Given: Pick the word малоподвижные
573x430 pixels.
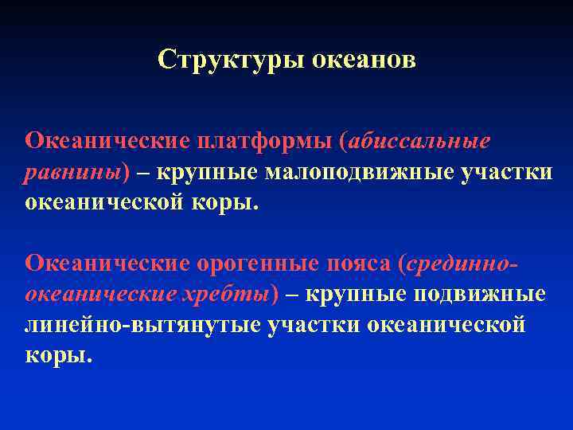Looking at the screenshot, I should (361, 172).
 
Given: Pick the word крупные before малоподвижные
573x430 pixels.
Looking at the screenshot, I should (206, 172).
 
